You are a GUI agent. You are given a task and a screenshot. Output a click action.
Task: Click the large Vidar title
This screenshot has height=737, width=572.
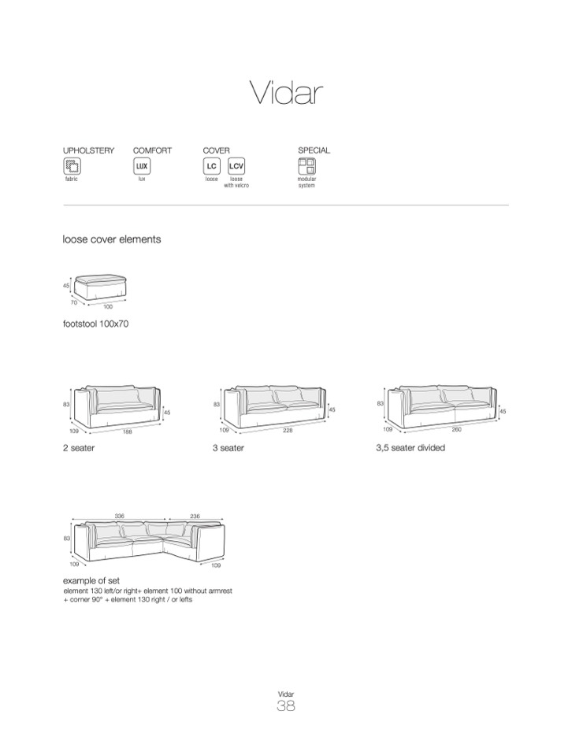click(287, 93)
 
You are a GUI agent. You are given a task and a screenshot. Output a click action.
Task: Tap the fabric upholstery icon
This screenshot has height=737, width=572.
click(72, 166)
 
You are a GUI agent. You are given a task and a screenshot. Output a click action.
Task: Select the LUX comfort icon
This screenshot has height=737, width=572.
click(142, 166)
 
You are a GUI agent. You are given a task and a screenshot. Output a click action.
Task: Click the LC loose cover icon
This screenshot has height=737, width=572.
click(211, 166)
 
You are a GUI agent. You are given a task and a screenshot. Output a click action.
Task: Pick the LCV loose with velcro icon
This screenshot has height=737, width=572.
click(236, 166)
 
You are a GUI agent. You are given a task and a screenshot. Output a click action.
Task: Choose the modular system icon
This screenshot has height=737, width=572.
click(306, 166)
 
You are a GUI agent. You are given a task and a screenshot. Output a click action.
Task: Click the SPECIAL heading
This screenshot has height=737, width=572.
click(314, 150)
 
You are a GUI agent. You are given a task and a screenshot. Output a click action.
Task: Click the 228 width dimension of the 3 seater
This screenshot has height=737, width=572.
click(288, 432)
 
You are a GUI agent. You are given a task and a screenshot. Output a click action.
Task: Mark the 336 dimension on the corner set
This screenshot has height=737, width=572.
click(119, 516)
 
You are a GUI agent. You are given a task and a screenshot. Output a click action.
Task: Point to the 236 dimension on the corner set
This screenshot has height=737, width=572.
click(195, 516)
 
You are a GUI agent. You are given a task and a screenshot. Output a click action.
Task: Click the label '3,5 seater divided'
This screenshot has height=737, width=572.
click(410, 448)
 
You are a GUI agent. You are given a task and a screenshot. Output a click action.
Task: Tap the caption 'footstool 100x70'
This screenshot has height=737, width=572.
click(95, 324)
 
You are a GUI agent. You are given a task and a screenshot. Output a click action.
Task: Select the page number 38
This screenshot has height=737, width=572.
click(286, 706)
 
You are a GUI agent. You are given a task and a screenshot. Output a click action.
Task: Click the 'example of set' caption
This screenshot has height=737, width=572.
click(91, 581)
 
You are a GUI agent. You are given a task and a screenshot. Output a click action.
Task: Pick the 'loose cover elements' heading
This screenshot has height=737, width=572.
click(111, 239)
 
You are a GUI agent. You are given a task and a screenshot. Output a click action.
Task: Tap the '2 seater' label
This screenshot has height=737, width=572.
click(79, 448)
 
